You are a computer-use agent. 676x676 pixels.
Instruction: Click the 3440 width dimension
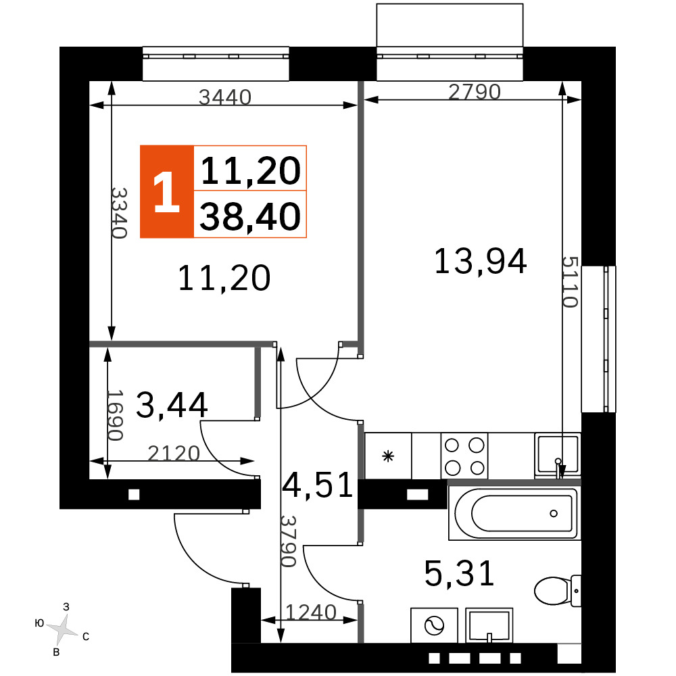pos(225,97)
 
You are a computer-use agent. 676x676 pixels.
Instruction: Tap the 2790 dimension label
pos(475,92)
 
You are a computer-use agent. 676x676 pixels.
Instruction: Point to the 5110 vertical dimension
pos(569,282)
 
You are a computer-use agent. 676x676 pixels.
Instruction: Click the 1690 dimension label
pos(115,415)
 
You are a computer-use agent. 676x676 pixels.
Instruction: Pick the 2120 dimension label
pos(174,454)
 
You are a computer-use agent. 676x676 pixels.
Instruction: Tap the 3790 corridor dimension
pos(288,541)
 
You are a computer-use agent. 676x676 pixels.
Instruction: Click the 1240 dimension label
pos(311,612)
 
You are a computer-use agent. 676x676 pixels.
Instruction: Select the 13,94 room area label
pos(480,261)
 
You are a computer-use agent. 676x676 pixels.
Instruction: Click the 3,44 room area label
pos(172,405)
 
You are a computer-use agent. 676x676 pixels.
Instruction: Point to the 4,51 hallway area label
pos(318,485)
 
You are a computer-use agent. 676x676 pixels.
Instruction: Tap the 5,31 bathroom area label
pos(459,573)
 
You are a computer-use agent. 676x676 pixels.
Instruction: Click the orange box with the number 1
pos(167,192)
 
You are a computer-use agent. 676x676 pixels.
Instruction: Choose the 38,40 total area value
pos(250,216)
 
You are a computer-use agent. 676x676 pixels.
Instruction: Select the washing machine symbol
pos(434,625)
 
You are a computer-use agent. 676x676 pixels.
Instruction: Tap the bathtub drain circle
pos(554,514)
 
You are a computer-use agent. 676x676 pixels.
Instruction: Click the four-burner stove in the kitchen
pos(464,456)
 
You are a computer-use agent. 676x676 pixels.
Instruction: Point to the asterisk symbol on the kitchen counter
pos(388,456)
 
